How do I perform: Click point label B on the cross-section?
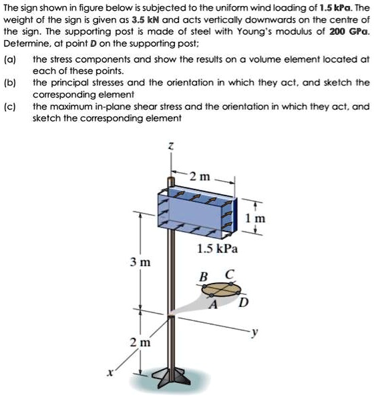point(204,276)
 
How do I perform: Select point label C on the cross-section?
point(230,274)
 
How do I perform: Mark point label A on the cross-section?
point(214,305)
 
